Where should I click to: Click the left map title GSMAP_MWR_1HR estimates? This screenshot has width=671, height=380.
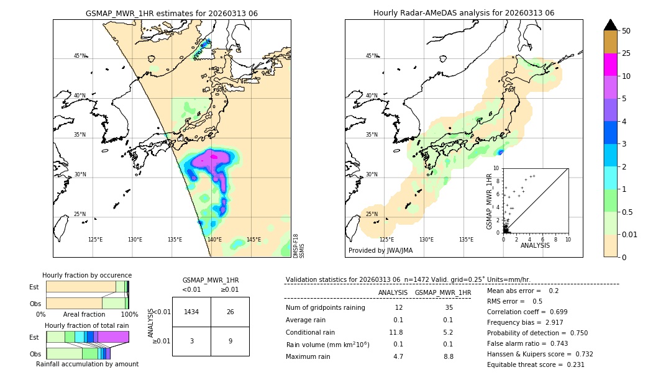coord(171,13)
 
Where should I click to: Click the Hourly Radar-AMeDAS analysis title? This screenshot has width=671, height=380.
coord(463,13)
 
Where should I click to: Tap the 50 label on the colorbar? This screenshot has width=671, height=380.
coord(626,31)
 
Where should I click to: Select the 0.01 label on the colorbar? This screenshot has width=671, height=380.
coord(630,234)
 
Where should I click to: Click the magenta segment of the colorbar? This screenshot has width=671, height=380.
coord(611,65)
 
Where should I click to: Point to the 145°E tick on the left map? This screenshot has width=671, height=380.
coord(253,240)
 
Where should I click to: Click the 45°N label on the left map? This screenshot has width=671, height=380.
coord(80,56)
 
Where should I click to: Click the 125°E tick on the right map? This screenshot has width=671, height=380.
coord(386,240)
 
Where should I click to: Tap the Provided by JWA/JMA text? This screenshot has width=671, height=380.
coord(380,251)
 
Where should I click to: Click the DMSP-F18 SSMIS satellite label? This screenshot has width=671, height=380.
coord(299,246)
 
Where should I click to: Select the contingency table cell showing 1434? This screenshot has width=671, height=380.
coord(191,312)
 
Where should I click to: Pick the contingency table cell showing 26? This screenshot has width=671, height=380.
coord(230,312)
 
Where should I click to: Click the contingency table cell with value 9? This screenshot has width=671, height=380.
coord(230,341)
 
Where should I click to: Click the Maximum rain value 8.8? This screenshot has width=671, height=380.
coord(449,356)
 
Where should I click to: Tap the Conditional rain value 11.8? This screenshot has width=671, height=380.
coord(396,332)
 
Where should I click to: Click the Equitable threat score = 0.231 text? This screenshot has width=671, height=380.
coord(536,364)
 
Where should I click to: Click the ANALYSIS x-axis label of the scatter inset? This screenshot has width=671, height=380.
coord(535,245)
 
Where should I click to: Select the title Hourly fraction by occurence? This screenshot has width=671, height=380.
coord(87,275)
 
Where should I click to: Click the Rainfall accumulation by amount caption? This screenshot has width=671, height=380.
coord(87,364)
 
